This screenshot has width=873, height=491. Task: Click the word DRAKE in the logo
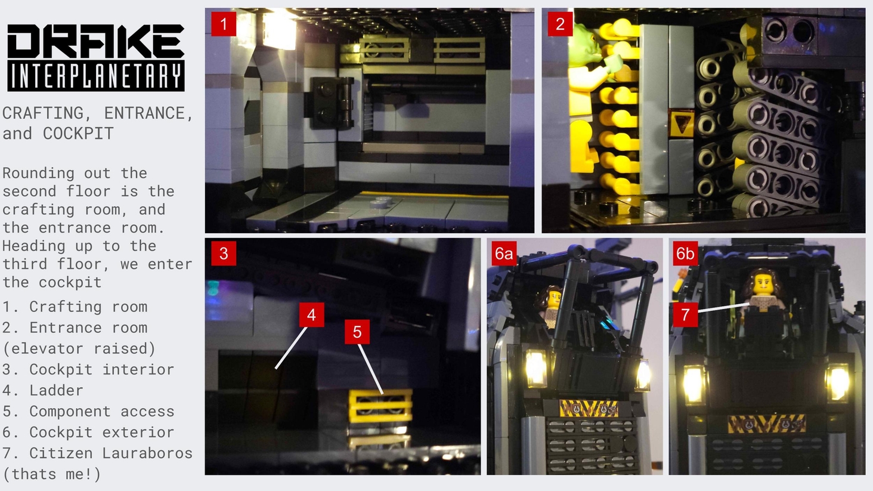96,41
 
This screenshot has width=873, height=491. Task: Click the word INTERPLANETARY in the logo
96,76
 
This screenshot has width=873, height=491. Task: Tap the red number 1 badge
224,24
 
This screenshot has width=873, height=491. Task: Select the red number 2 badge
560,24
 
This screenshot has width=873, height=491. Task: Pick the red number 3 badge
224,254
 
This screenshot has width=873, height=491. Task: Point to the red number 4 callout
311,315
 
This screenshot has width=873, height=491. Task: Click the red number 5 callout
357,332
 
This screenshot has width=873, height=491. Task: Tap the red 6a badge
504,254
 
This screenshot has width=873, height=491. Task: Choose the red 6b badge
685,254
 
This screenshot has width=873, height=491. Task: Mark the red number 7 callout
685,315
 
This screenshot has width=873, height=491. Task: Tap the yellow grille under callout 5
380,406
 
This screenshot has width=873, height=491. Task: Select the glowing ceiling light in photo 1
280,31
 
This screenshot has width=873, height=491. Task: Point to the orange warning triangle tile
681,123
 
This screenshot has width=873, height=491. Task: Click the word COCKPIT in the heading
78,134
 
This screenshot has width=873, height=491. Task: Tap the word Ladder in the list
56,390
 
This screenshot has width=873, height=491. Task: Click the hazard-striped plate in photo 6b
767,424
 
